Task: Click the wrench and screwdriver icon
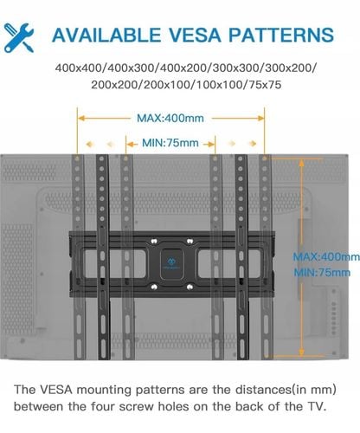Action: (19, 38)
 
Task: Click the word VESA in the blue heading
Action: (195, 36)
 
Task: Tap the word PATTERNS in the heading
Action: (281, 36)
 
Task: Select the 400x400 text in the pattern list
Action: (78, 68)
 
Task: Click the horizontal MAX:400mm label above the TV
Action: (170, 118)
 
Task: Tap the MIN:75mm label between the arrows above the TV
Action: (170, 143)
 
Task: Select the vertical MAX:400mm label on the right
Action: (326, 256)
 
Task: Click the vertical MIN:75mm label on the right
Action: (322, 272)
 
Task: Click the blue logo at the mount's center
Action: (170, 263)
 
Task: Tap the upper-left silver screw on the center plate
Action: (154, 241)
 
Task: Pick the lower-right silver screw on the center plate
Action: (190, 287)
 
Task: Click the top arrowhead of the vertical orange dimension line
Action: (301, 164)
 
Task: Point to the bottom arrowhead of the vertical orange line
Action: (301, 352)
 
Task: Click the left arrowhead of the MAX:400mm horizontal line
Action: (81, 118)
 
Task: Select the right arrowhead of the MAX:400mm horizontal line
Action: (260, 118)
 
